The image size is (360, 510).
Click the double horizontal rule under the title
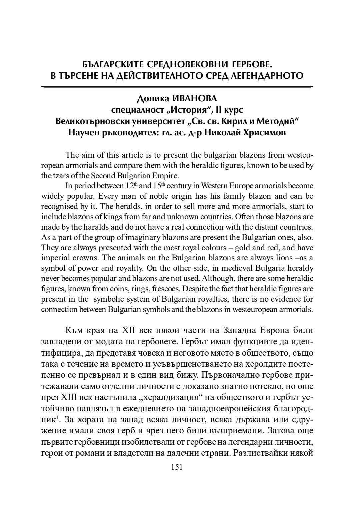pos(177,87)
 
